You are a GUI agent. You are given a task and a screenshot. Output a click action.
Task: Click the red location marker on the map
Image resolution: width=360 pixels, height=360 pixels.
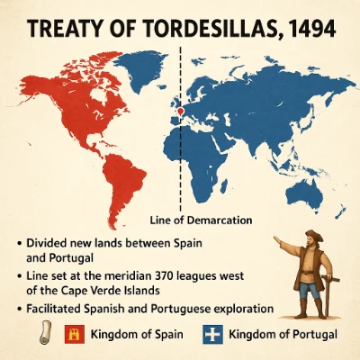click(x=180, y=112)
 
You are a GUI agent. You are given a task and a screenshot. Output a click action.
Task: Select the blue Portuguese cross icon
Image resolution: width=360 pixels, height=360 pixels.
click(x=212, y=335)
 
